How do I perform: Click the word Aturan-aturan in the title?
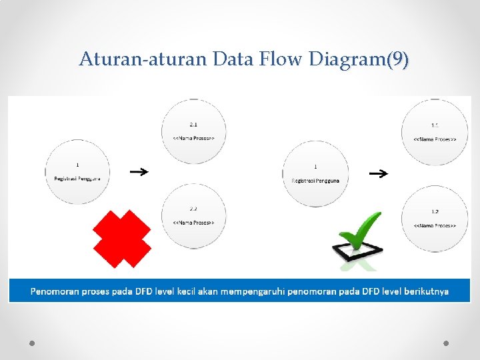pos(143,59)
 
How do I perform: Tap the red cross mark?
pos(122,239)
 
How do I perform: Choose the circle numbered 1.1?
pos(435,132)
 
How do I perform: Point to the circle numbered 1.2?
pos(435,219)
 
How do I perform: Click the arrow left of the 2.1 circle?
pos(139,172)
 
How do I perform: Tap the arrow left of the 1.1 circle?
pos(378,174)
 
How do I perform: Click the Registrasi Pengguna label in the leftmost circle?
pos(77,178)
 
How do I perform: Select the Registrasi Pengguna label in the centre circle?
pos(315,181)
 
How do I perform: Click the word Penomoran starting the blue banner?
pos(57,291)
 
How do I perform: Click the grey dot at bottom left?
pos(32,343)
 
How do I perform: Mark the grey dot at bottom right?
pos(446,343)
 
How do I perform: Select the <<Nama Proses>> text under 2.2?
pos(193,222)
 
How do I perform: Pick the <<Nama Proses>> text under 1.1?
pos(435,139)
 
